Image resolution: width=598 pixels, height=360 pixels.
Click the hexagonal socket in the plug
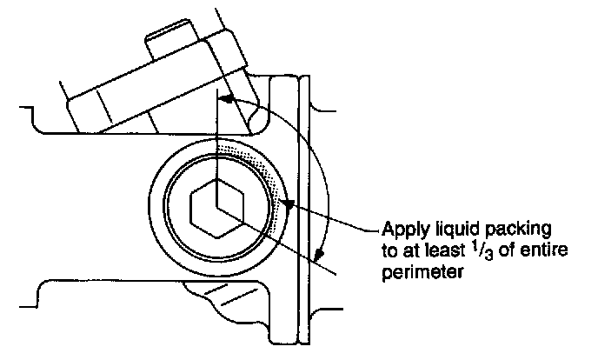point(216,209)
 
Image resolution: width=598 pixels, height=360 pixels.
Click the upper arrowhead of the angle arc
point(224,101)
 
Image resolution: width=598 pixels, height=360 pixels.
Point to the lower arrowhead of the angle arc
point(320,254)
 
